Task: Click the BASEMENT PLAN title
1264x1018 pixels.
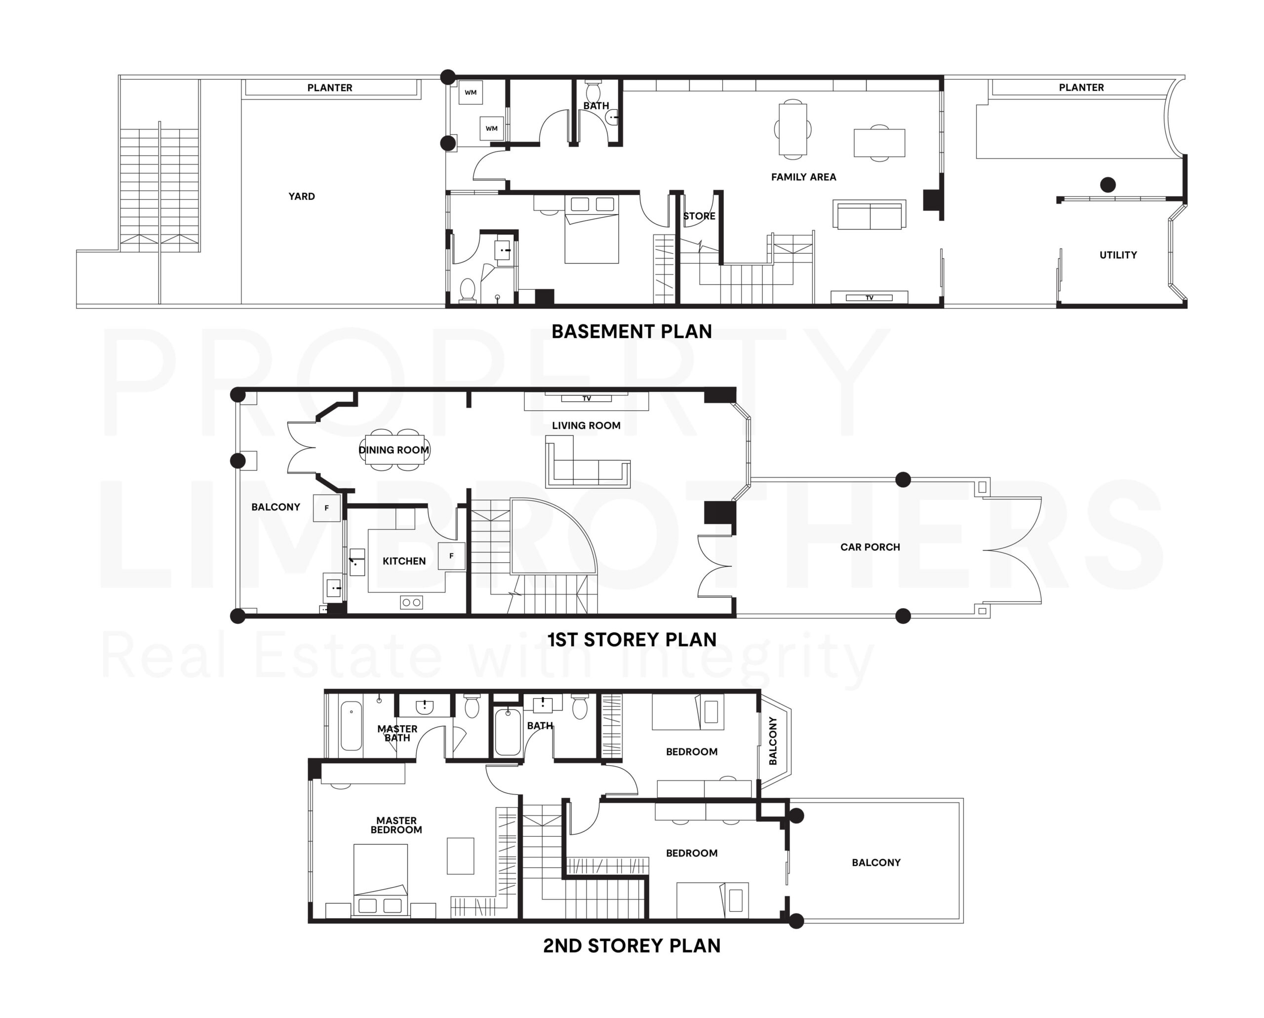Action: click(632, 331)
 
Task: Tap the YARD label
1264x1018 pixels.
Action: click(302, 196)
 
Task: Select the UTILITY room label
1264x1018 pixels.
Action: click(1118, 255)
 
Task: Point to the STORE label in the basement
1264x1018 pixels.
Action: click(699, 216)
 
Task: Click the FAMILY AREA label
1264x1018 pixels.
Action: click(803, 177)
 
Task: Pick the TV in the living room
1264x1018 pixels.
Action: click(587, 399)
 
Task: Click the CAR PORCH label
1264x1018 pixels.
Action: click(870, 547)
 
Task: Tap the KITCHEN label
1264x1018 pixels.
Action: click(404, 561)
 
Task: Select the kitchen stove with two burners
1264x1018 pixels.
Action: click(411, 602)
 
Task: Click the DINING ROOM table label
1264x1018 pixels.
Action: click(394, 450)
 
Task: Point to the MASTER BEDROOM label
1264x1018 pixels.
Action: click(396, 825)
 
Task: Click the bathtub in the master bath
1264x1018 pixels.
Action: click(352, 726)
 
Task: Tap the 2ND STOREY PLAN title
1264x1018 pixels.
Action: click(632, 945)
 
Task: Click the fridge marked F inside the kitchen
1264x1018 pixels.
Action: click(452, 556)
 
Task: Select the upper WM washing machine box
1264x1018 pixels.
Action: click(471, 93)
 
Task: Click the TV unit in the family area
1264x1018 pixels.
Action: click(869, 298)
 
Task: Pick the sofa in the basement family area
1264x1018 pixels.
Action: click(869, 215)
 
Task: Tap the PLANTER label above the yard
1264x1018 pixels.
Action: click(330, 88)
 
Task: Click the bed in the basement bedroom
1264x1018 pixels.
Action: click(591, 230)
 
